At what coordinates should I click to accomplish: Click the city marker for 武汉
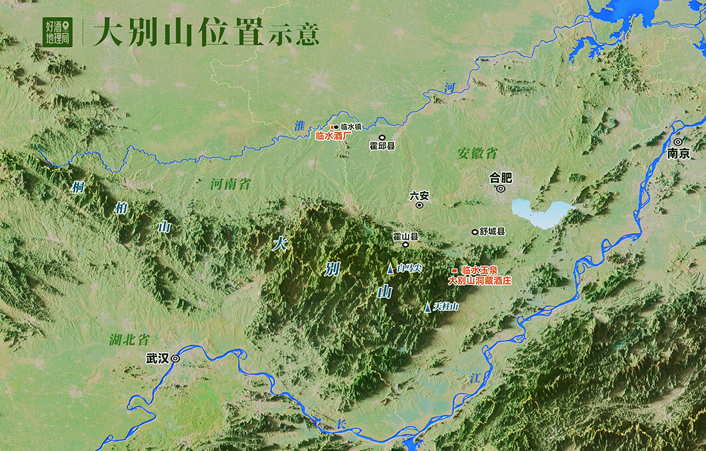tap(175, 359)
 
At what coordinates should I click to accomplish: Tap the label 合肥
tap(501, 177)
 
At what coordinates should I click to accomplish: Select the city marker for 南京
tap(678, 142)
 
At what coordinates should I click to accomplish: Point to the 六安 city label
tap(419, 195)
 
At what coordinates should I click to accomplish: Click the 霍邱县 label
tap(382, 146)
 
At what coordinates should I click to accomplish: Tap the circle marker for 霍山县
tap(405, 245)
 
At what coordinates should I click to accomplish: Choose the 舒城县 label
tap(492, 231)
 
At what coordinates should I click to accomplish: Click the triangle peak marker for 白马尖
tap(391, 269)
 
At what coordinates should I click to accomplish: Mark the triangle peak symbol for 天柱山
tap(428, 307)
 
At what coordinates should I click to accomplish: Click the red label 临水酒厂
tap(333, 136)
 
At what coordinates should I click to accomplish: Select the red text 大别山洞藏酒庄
tap(479, 280)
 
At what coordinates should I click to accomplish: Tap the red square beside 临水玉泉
tap(454, 270)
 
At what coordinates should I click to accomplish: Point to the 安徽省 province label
tap(477, 153)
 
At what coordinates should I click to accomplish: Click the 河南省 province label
tap(230, 184)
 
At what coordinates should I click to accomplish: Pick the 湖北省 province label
tap(129, 340)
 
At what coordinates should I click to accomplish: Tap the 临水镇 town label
tap(351, 127)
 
